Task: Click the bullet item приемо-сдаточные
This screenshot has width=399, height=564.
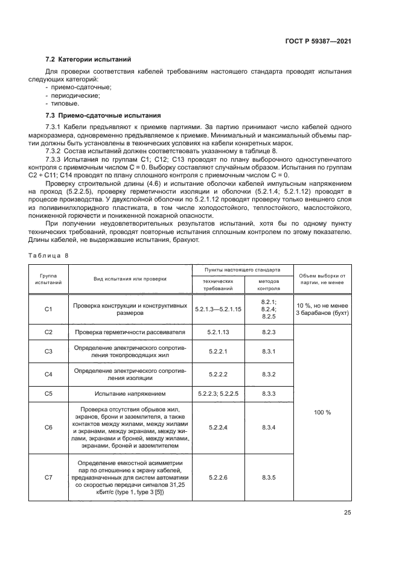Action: coord(78,87)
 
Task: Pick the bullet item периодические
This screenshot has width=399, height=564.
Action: coord(75,95)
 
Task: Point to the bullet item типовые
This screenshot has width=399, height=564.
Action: coord(66,103)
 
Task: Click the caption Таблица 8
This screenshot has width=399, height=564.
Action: coord(49,255)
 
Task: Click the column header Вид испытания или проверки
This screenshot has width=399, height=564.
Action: coord(130,278)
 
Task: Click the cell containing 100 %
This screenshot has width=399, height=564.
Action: coord(322,413)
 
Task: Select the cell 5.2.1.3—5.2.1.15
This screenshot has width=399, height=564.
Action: coord(218,309)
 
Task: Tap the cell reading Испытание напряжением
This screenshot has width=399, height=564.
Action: coord(130,394)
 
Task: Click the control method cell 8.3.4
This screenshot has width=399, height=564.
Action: coord(269,427)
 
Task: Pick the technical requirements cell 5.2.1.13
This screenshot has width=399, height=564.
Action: coord(218,332)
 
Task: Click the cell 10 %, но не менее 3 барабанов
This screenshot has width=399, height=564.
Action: coord(322,309)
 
